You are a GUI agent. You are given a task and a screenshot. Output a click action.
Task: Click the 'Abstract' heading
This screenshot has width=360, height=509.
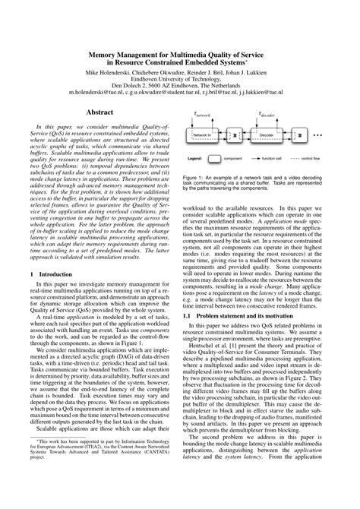pos(99,112)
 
